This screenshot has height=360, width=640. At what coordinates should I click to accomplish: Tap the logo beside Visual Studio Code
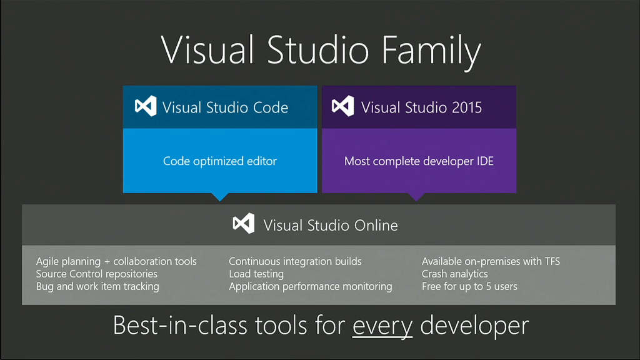pos(146,107)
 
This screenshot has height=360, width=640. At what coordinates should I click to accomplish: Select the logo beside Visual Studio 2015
pos(343,107)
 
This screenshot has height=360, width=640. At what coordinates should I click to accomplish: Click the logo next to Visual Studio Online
pos(243,224)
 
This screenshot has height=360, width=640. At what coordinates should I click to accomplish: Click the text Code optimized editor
pos(220,161)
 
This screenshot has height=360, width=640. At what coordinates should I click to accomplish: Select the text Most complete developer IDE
pos(419,161)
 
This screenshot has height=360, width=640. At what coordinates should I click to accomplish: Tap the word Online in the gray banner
pos(373,225)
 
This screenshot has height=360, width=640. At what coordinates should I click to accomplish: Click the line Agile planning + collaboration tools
pos(116,261)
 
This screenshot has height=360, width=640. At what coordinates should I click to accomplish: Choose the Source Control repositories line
pos(97,274)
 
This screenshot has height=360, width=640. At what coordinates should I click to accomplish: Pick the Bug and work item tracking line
pos(97,286)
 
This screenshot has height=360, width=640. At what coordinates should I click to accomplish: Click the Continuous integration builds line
pos(295,261)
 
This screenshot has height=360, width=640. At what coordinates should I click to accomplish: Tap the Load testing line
pos(256,274)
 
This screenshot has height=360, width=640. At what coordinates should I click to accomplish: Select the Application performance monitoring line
pos(311,286)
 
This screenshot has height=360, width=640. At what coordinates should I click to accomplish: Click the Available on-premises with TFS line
pos(491,261)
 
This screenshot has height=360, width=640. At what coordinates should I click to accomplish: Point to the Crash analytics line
pos(455,274)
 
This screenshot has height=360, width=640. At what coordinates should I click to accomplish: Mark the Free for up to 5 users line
pos(469,286)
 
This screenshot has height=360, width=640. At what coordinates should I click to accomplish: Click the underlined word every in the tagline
pos(382,326)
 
